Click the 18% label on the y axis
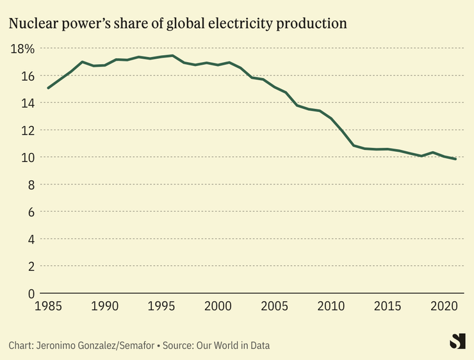coord(22,49)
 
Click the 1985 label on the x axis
coord(48,306)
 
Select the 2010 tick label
coord(331,306)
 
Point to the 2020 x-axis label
coord(443,306)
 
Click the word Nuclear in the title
coord(31,24)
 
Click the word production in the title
coord(315,24)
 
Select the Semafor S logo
coord(457,341)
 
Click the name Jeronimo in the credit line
coord(61,345)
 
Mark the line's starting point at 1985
coord(48,88)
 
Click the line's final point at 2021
coord(455,159)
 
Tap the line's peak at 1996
coord(172,56)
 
